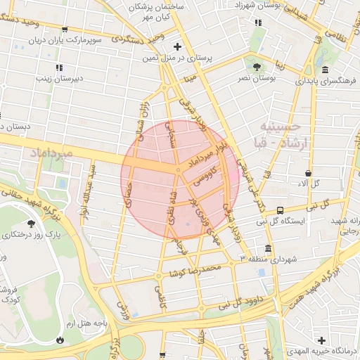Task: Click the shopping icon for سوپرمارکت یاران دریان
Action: [x=65, y=30]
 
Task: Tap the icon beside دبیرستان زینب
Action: [x=59, y=68]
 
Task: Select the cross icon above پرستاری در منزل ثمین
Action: [x=178, y=46]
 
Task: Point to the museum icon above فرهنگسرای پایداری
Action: [x=325, y=70]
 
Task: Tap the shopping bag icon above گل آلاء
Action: [x=309, y=173]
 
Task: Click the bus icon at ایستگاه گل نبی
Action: [x=281, y=210]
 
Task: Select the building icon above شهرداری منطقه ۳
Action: [x=268, y=249]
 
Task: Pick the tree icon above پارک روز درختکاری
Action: [x=31, y=224]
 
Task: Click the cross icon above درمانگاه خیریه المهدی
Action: [x=322, y=340]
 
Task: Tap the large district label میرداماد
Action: [x=49, y=153]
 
